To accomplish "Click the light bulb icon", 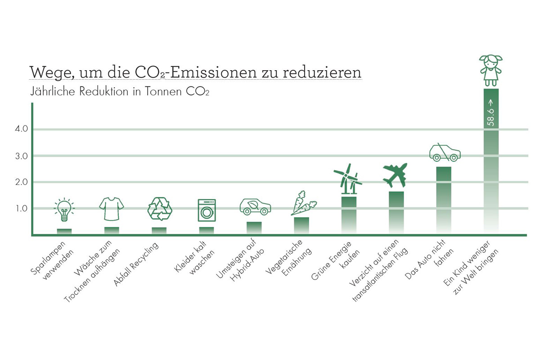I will [x=64, y=210].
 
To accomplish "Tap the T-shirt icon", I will [x=112, y=209].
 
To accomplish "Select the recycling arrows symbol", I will [x=160, y=209].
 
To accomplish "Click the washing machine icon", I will [x=207, y=210].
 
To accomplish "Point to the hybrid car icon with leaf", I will [x=255, y=207].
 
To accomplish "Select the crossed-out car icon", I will [x=445, y=153].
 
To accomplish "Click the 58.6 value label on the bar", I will [x=490, y=116].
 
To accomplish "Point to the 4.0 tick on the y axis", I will [x=22, y=129].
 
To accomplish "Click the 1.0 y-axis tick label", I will [x=22, y=208].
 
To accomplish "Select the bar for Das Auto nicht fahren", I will [x=444, y=200].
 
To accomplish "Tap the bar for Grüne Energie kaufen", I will [x=349, y=215].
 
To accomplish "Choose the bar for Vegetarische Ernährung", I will [x=301, y=225].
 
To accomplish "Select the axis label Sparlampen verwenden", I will [x=50, y=261].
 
